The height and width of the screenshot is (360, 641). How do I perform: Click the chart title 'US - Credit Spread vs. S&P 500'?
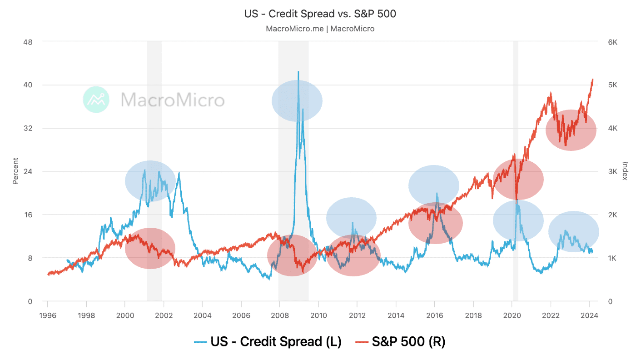point(320,14)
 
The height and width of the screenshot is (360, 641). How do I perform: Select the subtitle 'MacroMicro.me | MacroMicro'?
point(320,29)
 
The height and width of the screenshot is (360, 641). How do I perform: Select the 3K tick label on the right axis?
point(612,171)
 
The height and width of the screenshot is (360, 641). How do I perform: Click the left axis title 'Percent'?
point(15,171)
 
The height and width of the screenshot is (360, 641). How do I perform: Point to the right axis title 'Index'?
point(625,171)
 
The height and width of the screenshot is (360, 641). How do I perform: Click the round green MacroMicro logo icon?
point(96,100)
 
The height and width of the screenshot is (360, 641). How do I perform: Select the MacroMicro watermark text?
point(173,100)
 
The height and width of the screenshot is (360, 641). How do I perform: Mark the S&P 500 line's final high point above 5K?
point(592,80)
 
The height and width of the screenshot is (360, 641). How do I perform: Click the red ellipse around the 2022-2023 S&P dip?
point(570,130)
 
